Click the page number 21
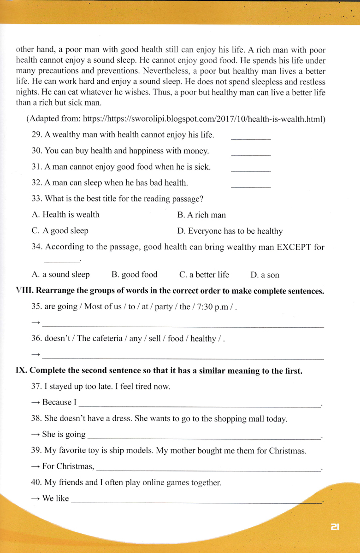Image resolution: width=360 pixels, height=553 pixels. click(335, 527)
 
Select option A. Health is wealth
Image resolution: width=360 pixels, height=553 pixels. click(65, 214)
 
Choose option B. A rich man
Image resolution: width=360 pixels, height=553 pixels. click(201, 215)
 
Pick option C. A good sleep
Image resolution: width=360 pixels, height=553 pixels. click(60, 230)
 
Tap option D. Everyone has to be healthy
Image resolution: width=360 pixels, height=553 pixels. click(230, 231)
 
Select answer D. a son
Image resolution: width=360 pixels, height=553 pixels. click(265, 275)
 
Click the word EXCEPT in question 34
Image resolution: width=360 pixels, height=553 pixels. click(294, 247)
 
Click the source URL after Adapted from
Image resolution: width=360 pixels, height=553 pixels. click(204, 119)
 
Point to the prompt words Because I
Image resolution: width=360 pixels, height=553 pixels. click(59, 402)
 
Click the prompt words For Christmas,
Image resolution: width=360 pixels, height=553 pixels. click(68, 466)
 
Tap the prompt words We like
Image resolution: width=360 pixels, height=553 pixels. click(55, 498)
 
